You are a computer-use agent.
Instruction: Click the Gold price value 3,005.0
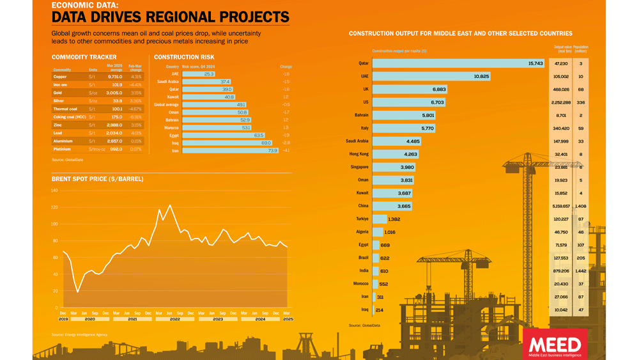[114, 93]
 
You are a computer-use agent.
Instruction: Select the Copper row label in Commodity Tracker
[60, 77]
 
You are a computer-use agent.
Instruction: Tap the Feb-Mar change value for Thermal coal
[135, 109]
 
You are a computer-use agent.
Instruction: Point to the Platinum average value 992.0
[115, 149]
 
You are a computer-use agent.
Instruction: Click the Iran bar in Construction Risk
[230, 150]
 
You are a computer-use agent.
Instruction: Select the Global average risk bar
[214, 104]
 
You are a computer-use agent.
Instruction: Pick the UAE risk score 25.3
[209, 74]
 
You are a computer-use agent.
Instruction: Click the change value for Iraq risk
[286, 143]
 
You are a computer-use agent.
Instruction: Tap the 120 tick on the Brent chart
[54, 207]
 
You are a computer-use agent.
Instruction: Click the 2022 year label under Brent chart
[174, 318]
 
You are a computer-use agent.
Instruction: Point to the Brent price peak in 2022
[170, 205]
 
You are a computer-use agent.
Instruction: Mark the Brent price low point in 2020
[78, 292]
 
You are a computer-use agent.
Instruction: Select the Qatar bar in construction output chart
[458, 63]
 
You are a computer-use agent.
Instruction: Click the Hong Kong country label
[358, 154]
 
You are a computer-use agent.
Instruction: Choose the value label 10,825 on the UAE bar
[481, 77]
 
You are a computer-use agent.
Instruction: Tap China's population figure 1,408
[580, 206]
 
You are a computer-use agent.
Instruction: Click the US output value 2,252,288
[562, 102]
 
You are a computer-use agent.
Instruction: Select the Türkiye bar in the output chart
[379, 219]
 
